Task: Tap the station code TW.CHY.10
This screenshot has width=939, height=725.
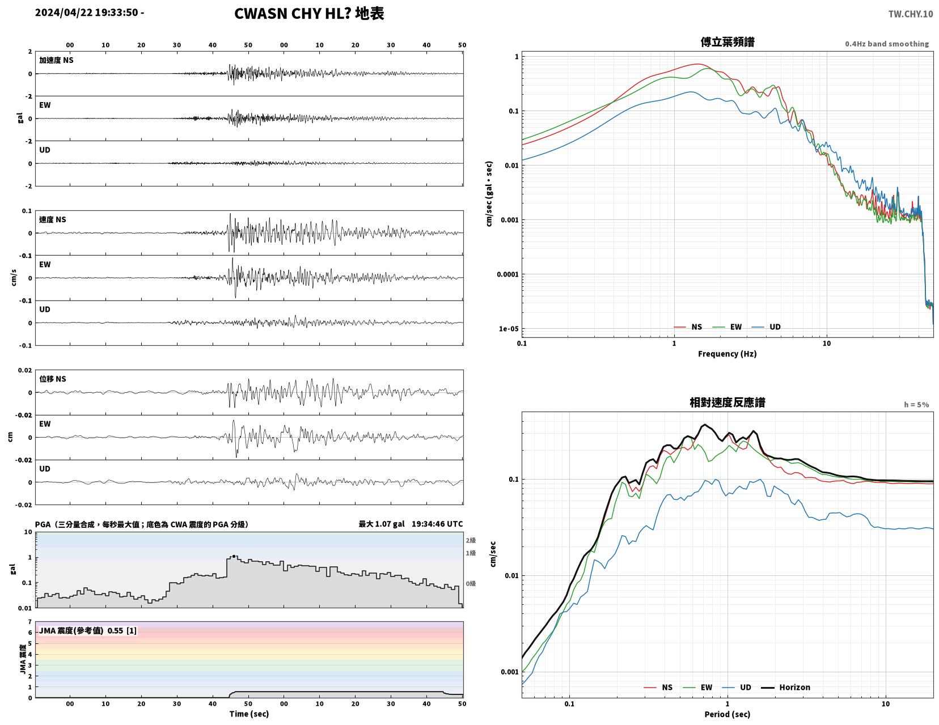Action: tap(911, 14)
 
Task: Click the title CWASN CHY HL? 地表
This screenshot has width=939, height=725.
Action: tap(309, 14)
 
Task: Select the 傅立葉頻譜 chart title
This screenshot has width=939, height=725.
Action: tap(727, 42)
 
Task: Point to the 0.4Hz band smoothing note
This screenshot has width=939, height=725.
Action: tap(887, 44)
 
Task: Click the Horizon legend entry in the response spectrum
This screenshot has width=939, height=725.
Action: tap(785, 687)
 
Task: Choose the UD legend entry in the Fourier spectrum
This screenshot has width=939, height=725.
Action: tap(766, 327)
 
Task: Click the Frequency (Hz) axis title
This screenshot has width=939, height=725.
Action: tap(727, 354)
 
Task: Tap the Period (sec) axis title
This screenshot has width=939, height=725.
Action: tap(727, 714)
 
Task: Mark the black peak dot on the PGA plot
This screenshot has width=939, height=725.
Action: tap(234, 556)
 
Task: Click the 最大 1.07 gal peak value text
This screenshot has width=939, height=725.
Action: tap(382, 524)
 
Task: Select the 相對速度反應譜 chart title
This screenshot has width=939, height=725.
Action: tap(727, 402)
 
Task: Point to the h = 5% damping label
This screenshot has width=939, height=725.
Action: tap(916, 405)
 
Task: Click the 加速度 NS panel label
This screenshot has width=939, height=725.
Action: tap(56, 60)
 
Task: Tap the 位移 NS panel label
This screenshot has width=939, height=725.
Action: tap(53, 379)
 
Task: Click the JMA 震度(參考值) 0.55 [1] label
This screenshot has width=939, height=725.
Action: tap(88, 630)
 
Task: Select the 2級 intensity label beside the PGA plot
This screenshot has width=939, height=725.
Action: tap(471, 540)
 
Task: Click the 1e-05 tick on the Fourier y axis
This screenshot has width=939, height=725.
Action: tap(509, 329)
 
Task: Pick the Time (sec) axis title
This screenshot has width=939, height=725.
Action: tap(249, 714)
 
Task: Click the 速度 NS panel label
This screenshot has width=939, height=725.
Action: tap(53, 219)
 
